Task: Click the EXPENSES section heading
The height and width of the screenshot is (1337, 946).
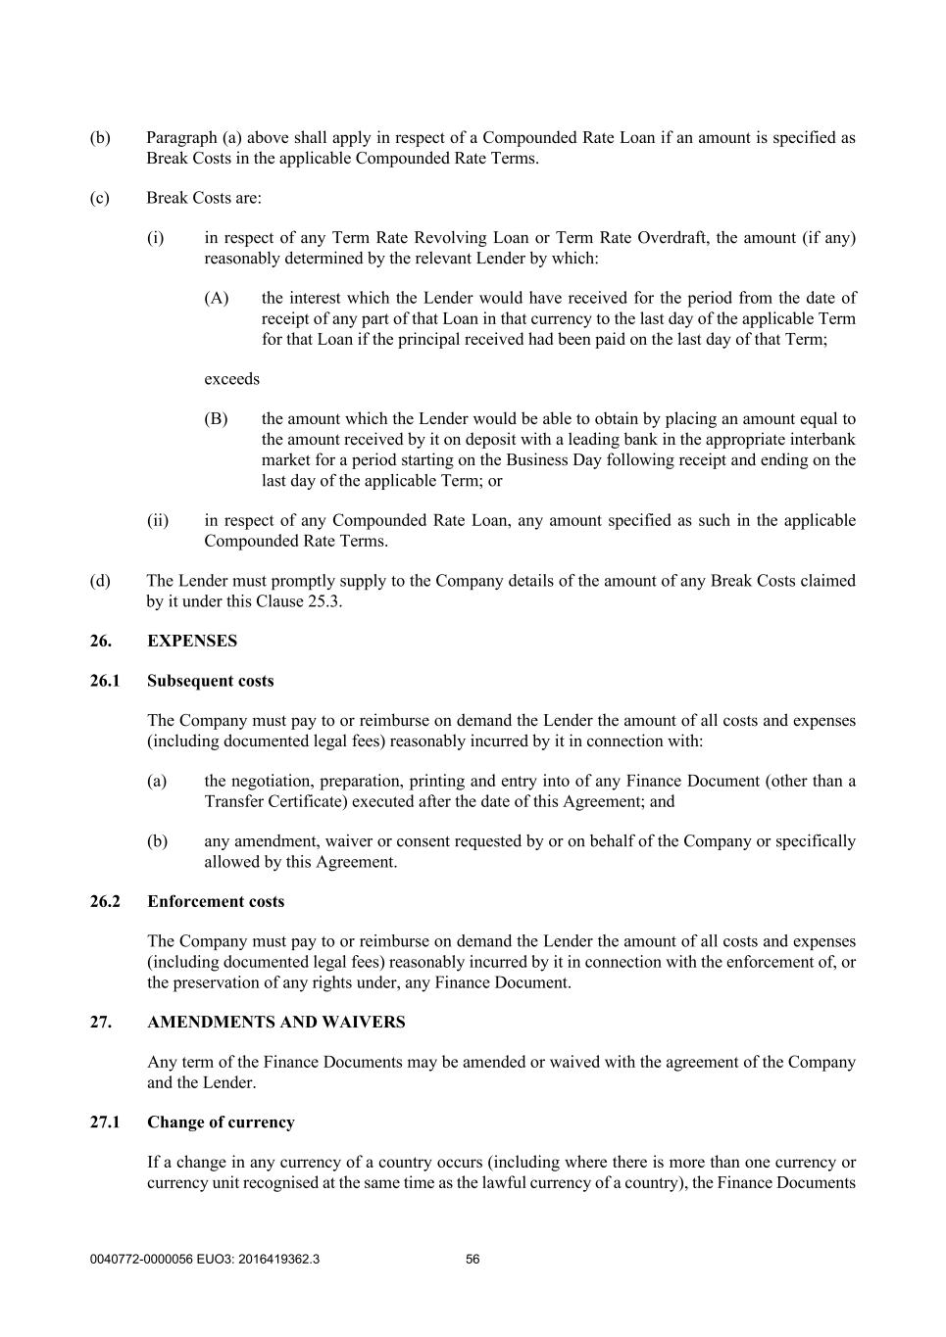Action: pos(192,641)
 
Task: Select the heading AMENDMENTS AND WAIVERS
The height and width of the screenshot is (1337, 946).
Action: pos(275,1022)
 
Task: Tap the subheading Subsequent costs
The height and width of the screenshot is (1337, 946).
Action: pos(210,681)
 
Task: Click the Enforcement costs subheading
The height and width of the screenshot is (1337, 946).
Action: pos(216,901)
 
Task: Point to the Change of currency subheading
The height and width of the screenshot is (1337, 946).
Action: pos(221,1122)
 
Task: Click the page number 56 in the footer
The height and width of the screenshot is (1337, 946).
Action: pos(473,1260)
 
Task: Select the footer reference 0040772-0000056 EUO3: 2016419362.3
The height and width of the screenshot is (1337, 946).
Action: pos(204,1260)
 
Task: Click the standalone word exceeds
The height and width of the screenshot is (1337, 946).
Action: pos(231,379)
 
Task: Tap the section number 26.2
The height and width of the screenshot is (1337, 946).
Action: pos(105,901)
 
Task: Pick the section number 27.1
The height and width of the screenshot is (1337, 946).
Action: pos(105,1122)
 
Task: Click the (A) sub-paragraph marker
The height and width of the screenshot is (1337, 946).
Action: pos(216,298)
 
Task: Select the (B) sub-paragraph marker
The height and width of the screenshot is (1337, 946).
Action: pos(216,419)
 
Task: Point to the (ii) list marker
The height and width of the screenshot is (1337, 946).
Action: pos(158,520)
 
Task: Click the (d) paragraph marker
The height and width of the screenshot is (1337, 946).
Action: pos(100,581)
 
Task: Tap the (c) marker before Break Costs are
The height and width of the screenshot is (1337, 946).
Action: pos(100,198)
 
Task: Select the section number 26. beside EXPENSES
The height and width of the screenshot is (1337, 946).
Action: pos(100,641)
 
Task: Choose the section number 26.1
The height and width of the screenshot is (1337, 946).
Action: pos(105,681)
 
